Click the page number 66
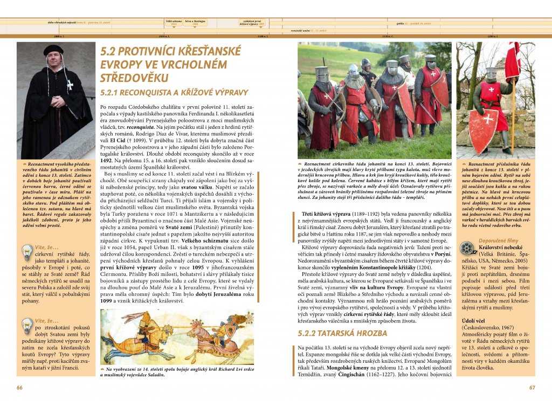point(19,387)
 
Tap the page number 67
point(532,387)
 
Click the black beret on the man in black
point(53,50)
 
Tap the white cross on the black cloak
point(69,85)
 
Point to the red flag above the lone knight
point(512,60)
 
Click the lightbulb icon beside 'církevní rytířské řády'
point(26,252)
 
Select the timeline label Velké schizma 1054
point(173,23)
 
